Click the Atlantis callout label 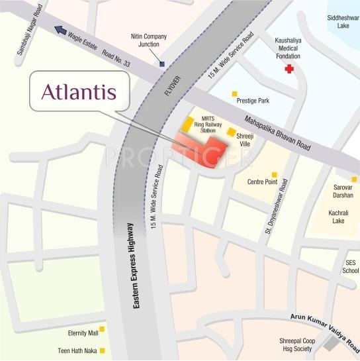79,93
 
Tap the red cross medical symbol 288,68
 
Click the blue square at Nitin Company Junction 161,64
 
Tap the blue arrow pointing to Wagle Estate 62,30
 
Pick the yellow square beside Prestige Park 233,95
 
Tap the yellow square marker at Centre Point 274,175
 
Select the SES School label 350,266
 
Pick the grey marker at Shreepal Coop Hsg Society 330,344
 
